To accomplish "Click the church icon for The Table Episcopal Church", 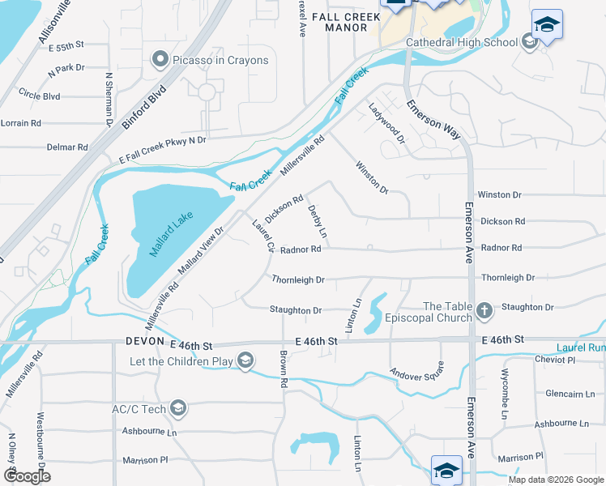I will click(484, 311).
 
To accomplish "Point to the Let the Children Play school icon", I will click(246, 360).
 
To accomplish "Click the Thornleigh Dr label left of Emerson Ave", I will click(298, 279).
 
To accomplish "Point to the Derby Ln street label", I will click(318, 221).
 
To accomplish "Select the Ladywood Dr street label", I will click(386, 122).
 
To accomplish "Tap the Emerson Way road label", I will click(434, 118).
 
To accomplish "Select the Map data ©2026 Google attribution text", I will click(557, 480).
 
